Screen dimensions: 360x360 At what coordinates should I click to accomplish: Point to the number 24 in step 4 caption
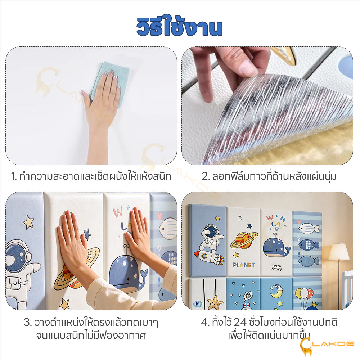click(x=240, y=322)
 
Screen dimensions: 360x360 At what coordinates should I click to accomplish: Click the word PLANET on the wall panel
click(x=244, y=265)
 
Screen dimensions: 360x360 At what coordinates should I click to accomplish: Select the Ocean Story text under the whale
click(x=276, y=268)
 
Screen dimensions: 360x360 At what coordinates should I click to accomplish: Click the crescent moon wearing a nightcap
click(x=276, y=291)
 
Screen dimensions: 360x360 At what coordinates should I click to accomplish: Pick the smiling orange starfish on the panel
click(x=215, y=302)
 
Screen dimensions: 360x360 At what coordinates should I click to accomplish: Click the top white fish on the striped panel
click(x=309, y=228)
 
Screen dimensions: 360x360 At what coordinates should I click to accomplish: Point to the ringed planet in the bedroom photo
click(x=244, y=240)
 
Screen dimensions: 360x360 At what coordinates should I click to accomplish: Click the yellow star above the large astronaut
click(x=29, y=222)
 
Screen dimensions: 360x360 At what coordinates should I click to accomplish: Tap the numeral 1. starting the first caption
click(x=14, y=176)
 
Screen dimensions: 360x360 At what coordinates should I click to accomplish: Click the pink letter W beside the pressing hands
click(x=118, y=212)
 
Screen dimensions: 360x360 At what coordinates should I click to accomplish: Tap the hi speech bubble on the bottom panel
click(x=198, y=304)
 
